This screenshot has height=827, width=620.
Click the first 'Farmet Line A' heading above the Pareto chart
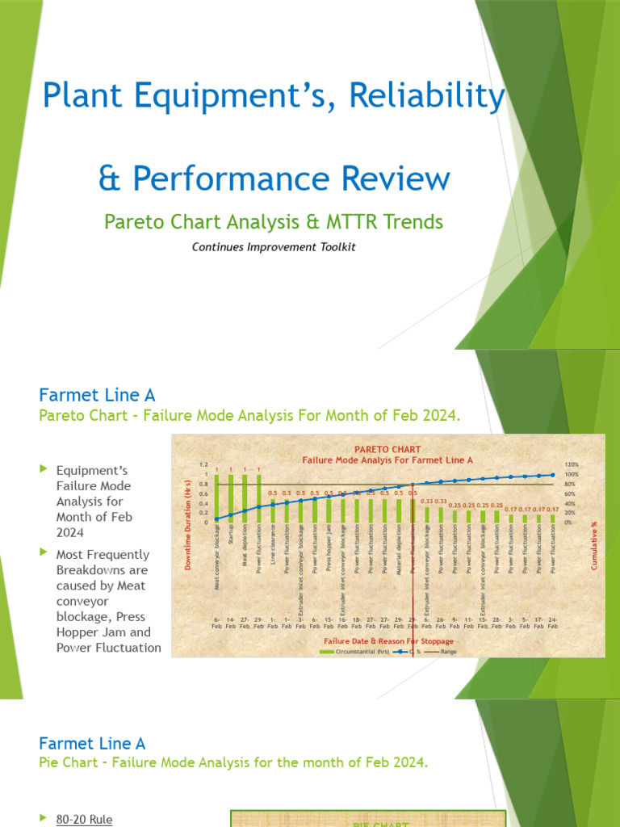pyautogui.click(x=97, y=395)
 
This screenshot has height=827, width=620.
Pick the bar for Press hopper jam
pyautogui.click(x=329, y=510)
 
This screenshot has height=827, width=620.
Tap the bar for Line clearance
pyautogui.click(x=272, y=510)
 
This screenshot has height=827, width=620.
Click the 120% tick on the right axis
pyautogui.click(x=572, y=465)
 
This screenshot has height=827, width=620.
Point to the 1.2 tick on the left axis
pyautogui.click(x=203, y=465)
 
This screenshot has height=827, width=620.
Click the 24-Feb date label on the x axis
pyautogui.click(x=553, y=623)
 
